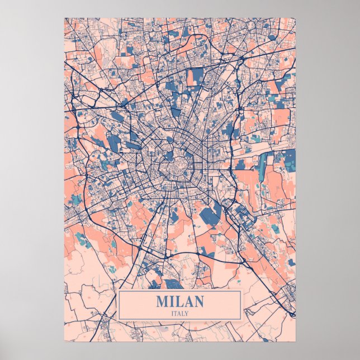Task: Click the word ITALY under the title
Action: (x=180, y=313)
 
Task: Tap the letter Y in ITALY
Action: (x=187, y=313)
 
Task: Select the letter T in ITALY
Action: (x=176, y=313)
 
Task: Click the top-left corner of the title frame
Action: (x=119, y=291)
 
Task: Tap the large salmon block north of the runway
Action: (x=280, y=117)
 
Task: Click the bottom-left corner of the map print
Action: (x=64, y=341)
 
